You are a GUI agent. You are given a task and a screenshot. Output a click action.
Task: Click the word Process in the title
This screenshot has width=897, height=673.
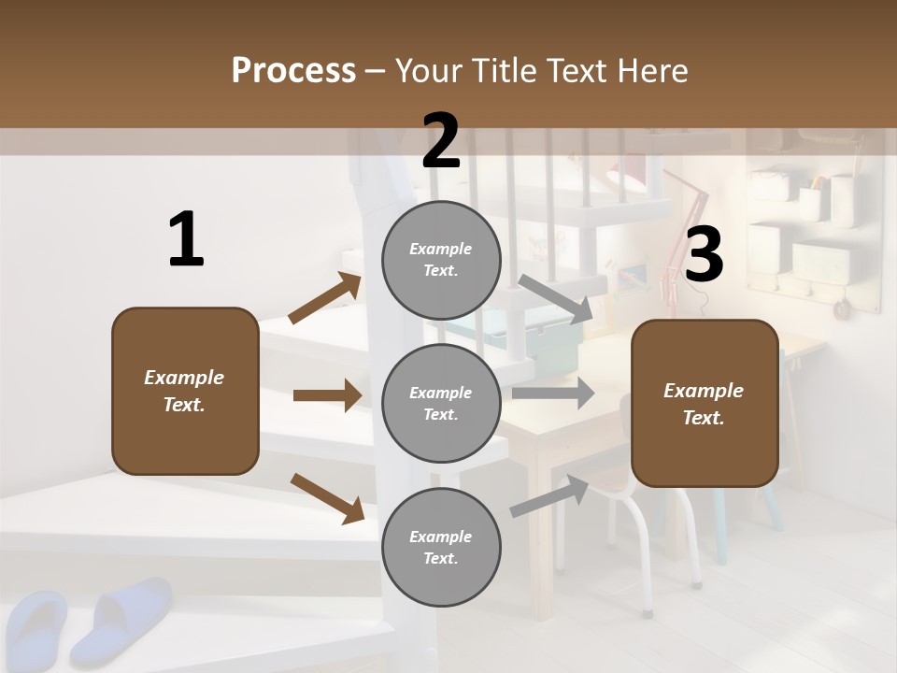tap(293, 70)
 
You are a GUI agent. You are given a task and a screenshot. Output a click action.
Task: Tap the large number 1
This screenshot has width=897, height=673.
tap(186, 240)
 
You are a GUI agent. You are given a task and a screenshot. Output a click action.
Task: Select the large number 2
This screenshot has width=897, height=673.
tap(441, 140)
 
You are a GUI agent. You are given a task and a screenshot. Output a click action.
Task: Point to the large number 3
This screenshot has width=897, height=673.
tap(704, 255)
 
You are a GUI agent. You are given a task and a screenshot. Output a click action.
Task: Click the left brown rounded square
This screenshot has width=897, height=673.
tap(185, 391)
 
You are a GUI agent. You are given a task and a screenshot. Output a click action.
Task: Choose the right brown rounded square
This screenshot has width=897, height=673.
tap(705, 403)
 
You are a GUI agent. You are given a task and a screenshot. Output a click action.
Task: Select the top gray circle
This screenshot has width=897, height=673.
tap(441, 260)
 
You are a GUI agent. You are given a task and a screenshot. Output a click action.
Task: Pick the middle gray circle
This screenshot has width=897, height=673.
tap(441, 403)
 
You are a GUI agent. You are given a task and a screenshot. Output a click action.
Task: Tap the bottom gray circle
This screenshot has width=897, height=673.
tap(441, 547)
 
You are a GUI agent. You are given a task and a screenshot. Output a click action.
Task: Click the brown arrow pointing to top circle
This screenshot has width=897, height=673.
tap(325, 298)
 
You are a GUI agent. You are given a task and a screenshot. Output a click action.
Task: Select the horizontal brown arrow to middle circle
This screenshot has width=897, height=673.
tap(327, 395)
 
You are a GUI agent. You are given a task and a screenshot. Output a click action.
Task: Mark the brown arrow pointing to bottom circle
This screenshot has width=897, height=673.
tap(327, 497)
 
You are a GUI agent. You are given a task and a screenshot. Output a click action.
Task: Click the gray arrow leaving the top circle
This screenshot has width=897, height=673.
tap(555, 299)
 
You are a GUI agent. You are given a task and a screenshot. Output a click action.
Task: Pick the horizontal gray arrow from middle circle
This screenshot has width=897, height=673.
tap(553, 393)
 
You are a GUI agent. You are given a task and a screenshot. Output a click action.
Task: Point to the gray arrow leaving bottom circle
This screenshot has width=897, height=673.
tap(549, 495)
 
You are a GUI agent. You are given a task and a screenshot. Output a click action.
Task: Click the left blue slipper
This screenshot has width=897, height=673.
tap(36, 626)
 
